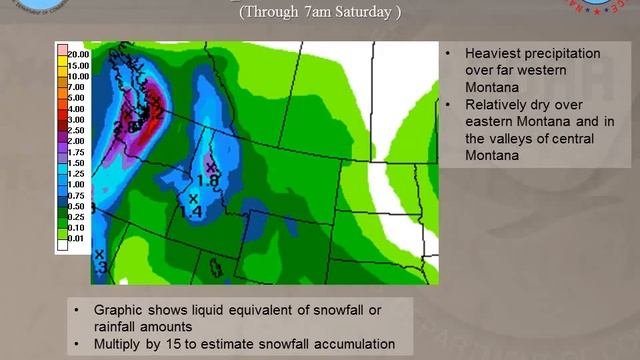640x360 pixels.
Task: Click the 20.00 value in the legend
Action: [x=78, y=54]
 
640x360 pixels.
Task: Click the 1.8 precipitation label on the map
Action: [x=209, y=180]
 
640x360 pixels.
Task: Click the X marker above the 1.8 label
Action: [x=210, y=167]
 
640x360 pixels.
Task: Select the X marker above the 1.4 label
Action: [x=194, y=199]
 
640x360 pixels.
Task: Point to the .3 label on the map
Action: [x=100, y=268]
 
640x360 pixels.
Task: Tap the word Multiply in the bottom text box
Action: [x=122, y=345]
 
